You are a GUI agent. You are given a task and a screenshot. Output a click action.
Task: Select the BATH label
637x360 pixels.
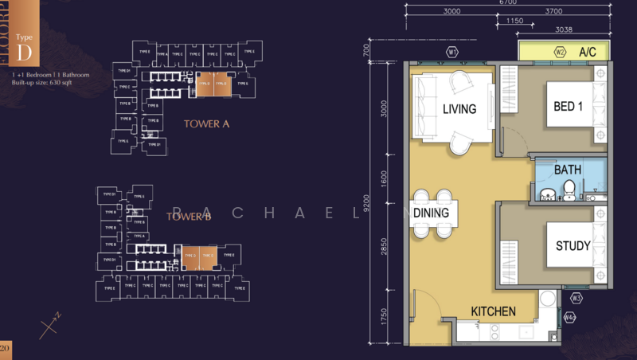(568, 170)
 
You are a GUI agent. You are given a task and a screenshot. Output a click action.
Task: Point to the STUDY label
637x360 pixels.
(573, 246)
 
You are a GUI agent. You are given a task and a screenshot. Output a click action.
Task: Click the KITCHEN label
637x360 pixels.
(493, 311)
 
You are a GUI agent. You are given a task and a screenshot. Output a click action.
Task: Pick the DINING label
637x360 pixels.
(431, 213)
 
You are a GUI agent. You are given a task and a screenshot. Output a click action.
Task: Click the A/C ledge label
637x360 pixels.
(588, 53)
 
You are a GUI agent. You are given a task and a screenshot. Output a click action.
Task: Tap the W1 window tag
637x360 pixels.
(453, 53)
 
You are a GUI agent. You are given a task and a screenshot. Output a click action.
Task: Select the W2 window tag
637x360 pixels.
(560, 53)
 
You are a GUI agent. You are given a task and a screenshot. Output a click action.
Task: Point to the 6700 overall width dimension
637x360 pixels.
(509, 2)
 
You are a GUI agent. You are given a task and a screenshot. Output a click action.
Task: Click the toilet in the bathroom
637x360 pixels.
(569, 189)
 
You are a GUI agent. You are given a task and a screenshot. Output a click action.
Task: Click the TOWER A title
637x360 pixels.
(206, 123)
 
